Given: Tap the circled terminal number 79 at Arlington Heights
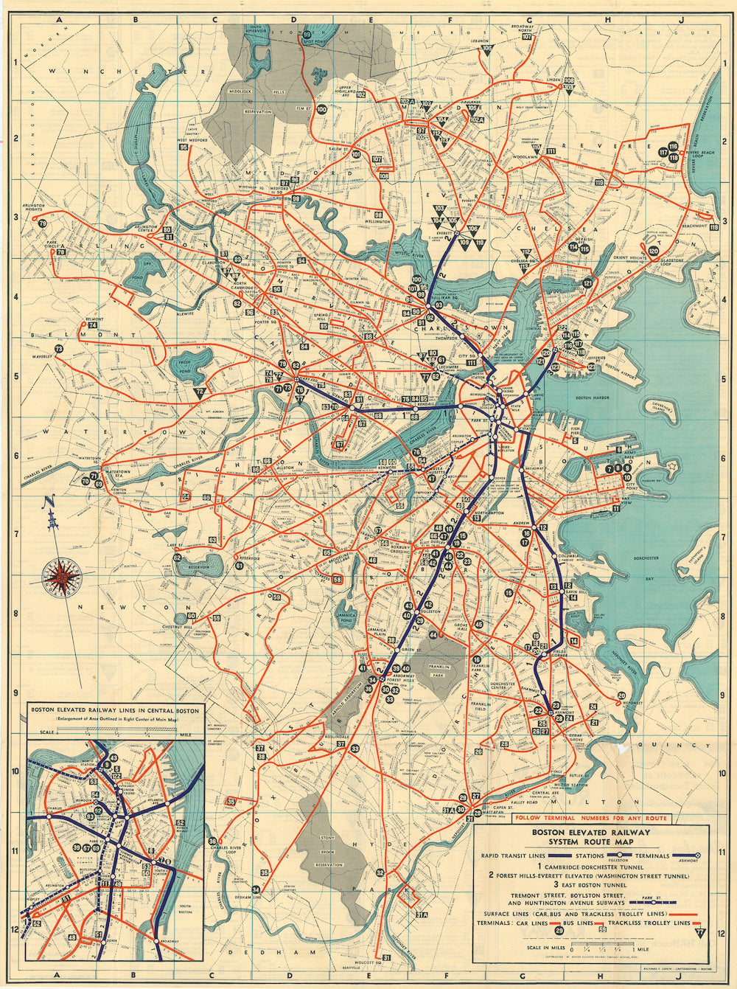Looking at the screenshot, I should [x=43, y=223].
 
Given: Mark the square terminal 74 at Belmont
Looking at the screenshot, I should [x=93, y=325].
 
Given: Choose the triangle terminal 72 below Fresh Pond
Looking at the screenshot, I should [x=199, y=395].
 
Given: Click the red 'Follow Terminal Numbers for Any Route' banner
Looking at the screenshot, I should [x=591, y=818].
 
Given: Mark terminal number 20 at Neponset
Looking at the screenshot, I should [x=622, y=695].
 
